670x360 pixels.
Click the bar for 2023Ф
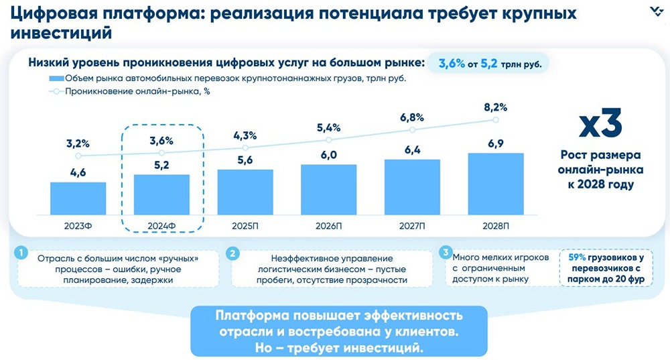[x=78, y=197]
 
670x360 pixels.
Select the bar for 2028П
[x=495, y=182]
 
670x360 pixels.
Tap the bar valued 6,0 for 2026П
[x=328, y=188]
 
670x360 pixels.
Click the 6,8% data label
[x=411, y=117]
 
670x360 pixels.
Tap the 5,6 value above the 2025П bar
[x=245, y=159]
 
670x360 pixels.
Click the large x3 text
[x=600, y=125]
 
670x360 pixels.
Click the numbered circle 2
[x=232, y=253]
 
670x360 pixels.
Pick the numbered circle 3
[x=445, y=253]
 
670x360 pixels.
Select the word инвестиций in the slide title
[x=58, y=32]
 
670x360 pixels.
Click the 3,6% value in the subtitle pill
[x=452, y=64]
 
